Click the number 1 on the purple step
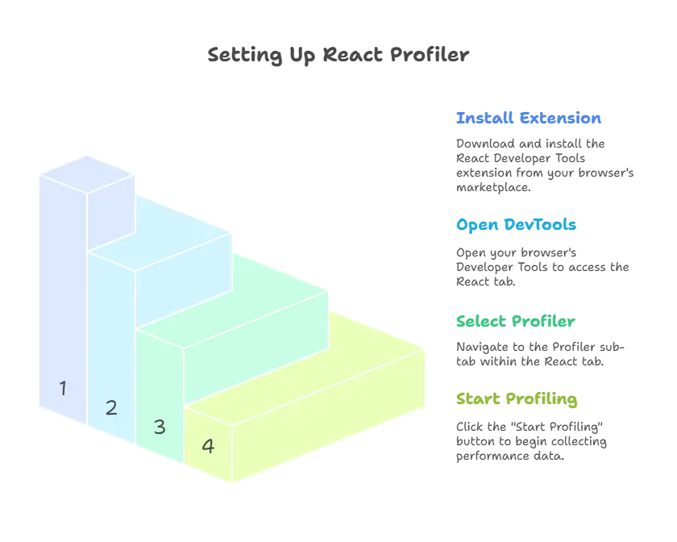[63, 388]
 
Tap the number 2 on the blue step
[111, 407]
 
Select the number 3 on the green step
[160, 427]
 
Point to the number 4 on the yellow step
[208, 446]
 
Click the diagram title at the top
[338, 56]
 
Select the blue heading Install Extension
[528, 119]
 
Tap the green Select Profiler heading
[516, 321]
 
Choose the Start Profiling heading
[517, 398]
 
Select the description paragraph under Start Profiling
[532, 440]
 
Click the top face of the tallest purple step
[87, 173]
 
